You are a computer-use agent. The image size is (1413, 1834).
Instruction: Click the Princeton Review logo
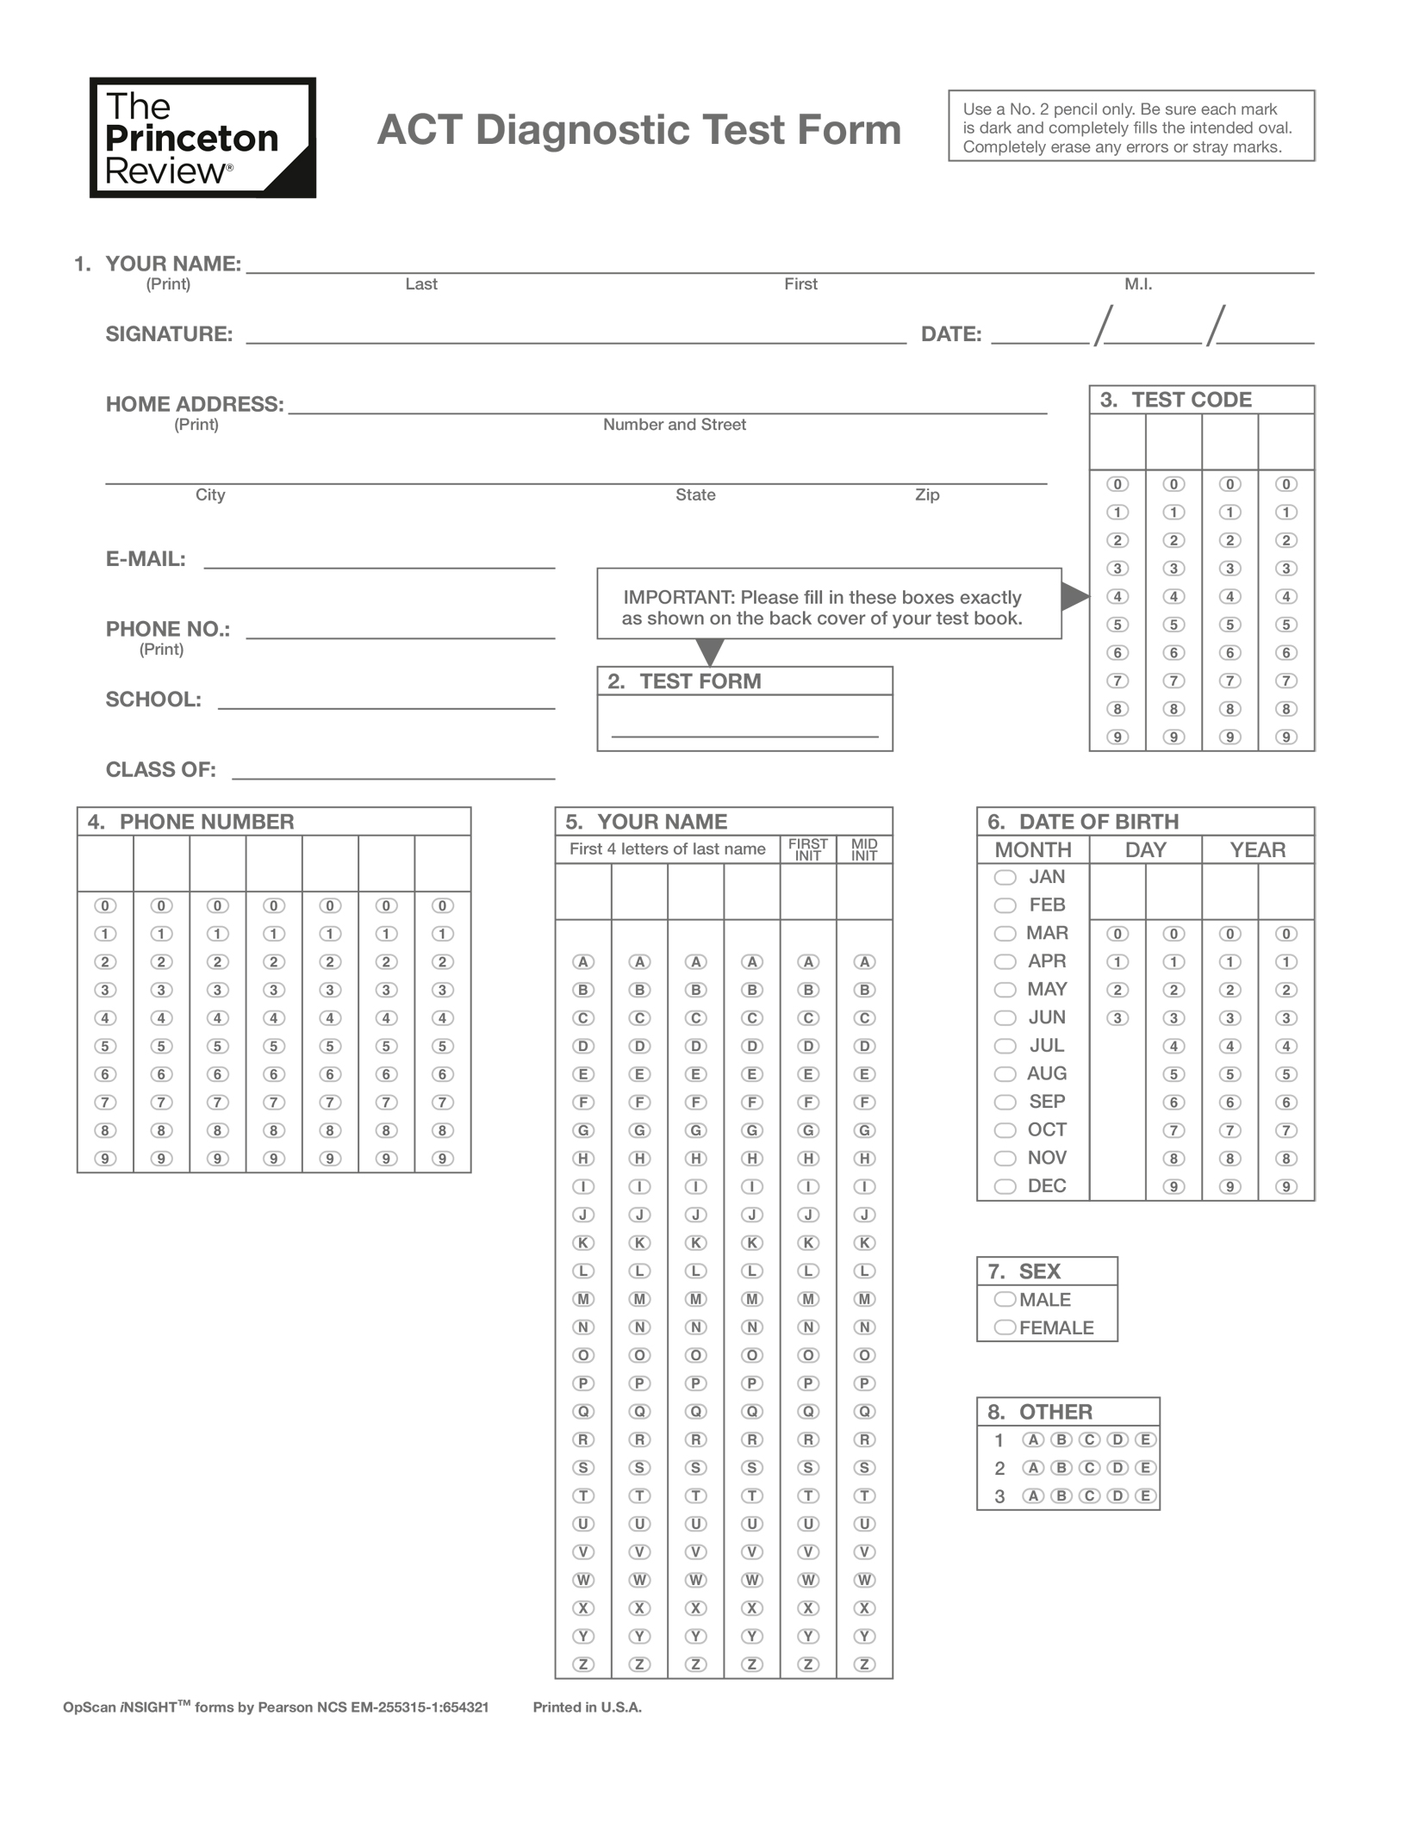[x=202, y=138]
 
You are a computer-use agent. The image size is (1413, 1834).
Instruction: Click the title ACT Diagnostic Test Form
[x=638, y=130]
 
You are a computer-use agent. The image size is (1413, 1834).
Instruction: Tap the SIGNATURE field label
[x=169, y=334]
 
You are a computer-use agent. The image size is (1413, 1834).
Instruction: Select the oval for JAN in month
[x=1005, y=877]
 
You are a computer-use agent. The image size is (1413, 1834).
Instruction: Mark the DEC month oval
[x=1005, y=1186]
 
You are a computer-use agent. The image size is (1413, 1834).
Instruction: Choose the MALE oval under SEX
[x=1005, y=1299]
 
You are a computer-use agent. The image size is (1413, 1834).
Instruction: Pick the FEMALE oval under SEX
[x=1005, y=1327]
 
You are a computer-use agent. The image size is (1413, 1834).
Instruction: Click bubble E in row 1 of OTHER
[x=1145, y=1439]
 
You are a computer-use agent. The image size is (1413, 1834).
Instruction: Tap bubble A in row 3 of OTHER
[x=1033, y=1495]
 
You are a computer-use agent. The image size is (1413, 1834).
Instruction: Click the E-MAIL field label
[x=146, y=559]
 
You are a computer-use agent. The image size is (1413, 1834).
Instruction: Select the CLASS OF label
[x=160, y=769]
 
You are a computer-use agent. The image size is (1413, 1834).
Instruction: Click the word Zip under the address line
[x=927, y=494]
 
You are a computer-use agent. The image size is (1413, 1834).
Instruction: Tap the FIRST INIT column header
[x=807, y=849]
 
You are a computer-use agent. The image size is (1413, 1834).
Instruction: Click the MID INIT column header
[x=864, y=849]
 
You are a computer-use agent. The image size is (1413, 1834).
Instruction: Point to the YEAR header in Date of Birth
[x=1257, y=849]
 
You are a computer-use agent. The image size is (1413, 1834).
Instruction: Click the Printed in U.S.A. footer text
[x=587, y=1707]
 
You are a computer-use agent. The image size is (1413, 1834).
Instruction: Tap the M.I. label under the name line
[x=1137, y=284]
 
